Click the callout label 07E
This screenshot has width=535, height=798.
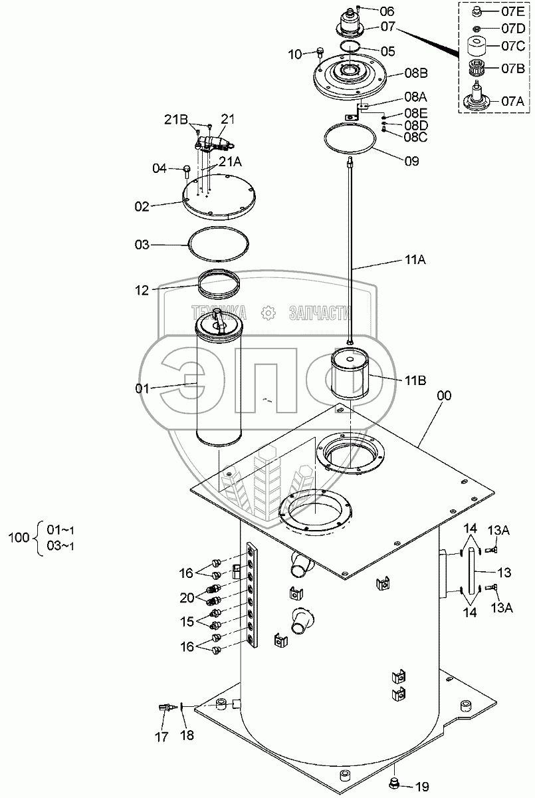click(513, 12)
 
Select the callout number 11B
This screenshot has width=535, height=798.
click(415, 380)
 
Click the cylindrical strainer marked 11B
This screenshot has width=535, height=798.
click(350, 373)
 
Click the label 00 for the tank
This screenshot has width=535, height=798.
click(443, 396)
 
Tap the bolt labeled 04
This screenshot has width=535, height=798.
click(187, 172)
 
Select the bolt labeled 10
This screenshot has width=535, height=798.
click(320, 53)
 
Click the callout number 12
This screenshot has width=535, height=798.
click(142, 291)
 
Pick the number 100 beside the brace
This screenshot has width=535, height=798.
click(19, 537)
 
